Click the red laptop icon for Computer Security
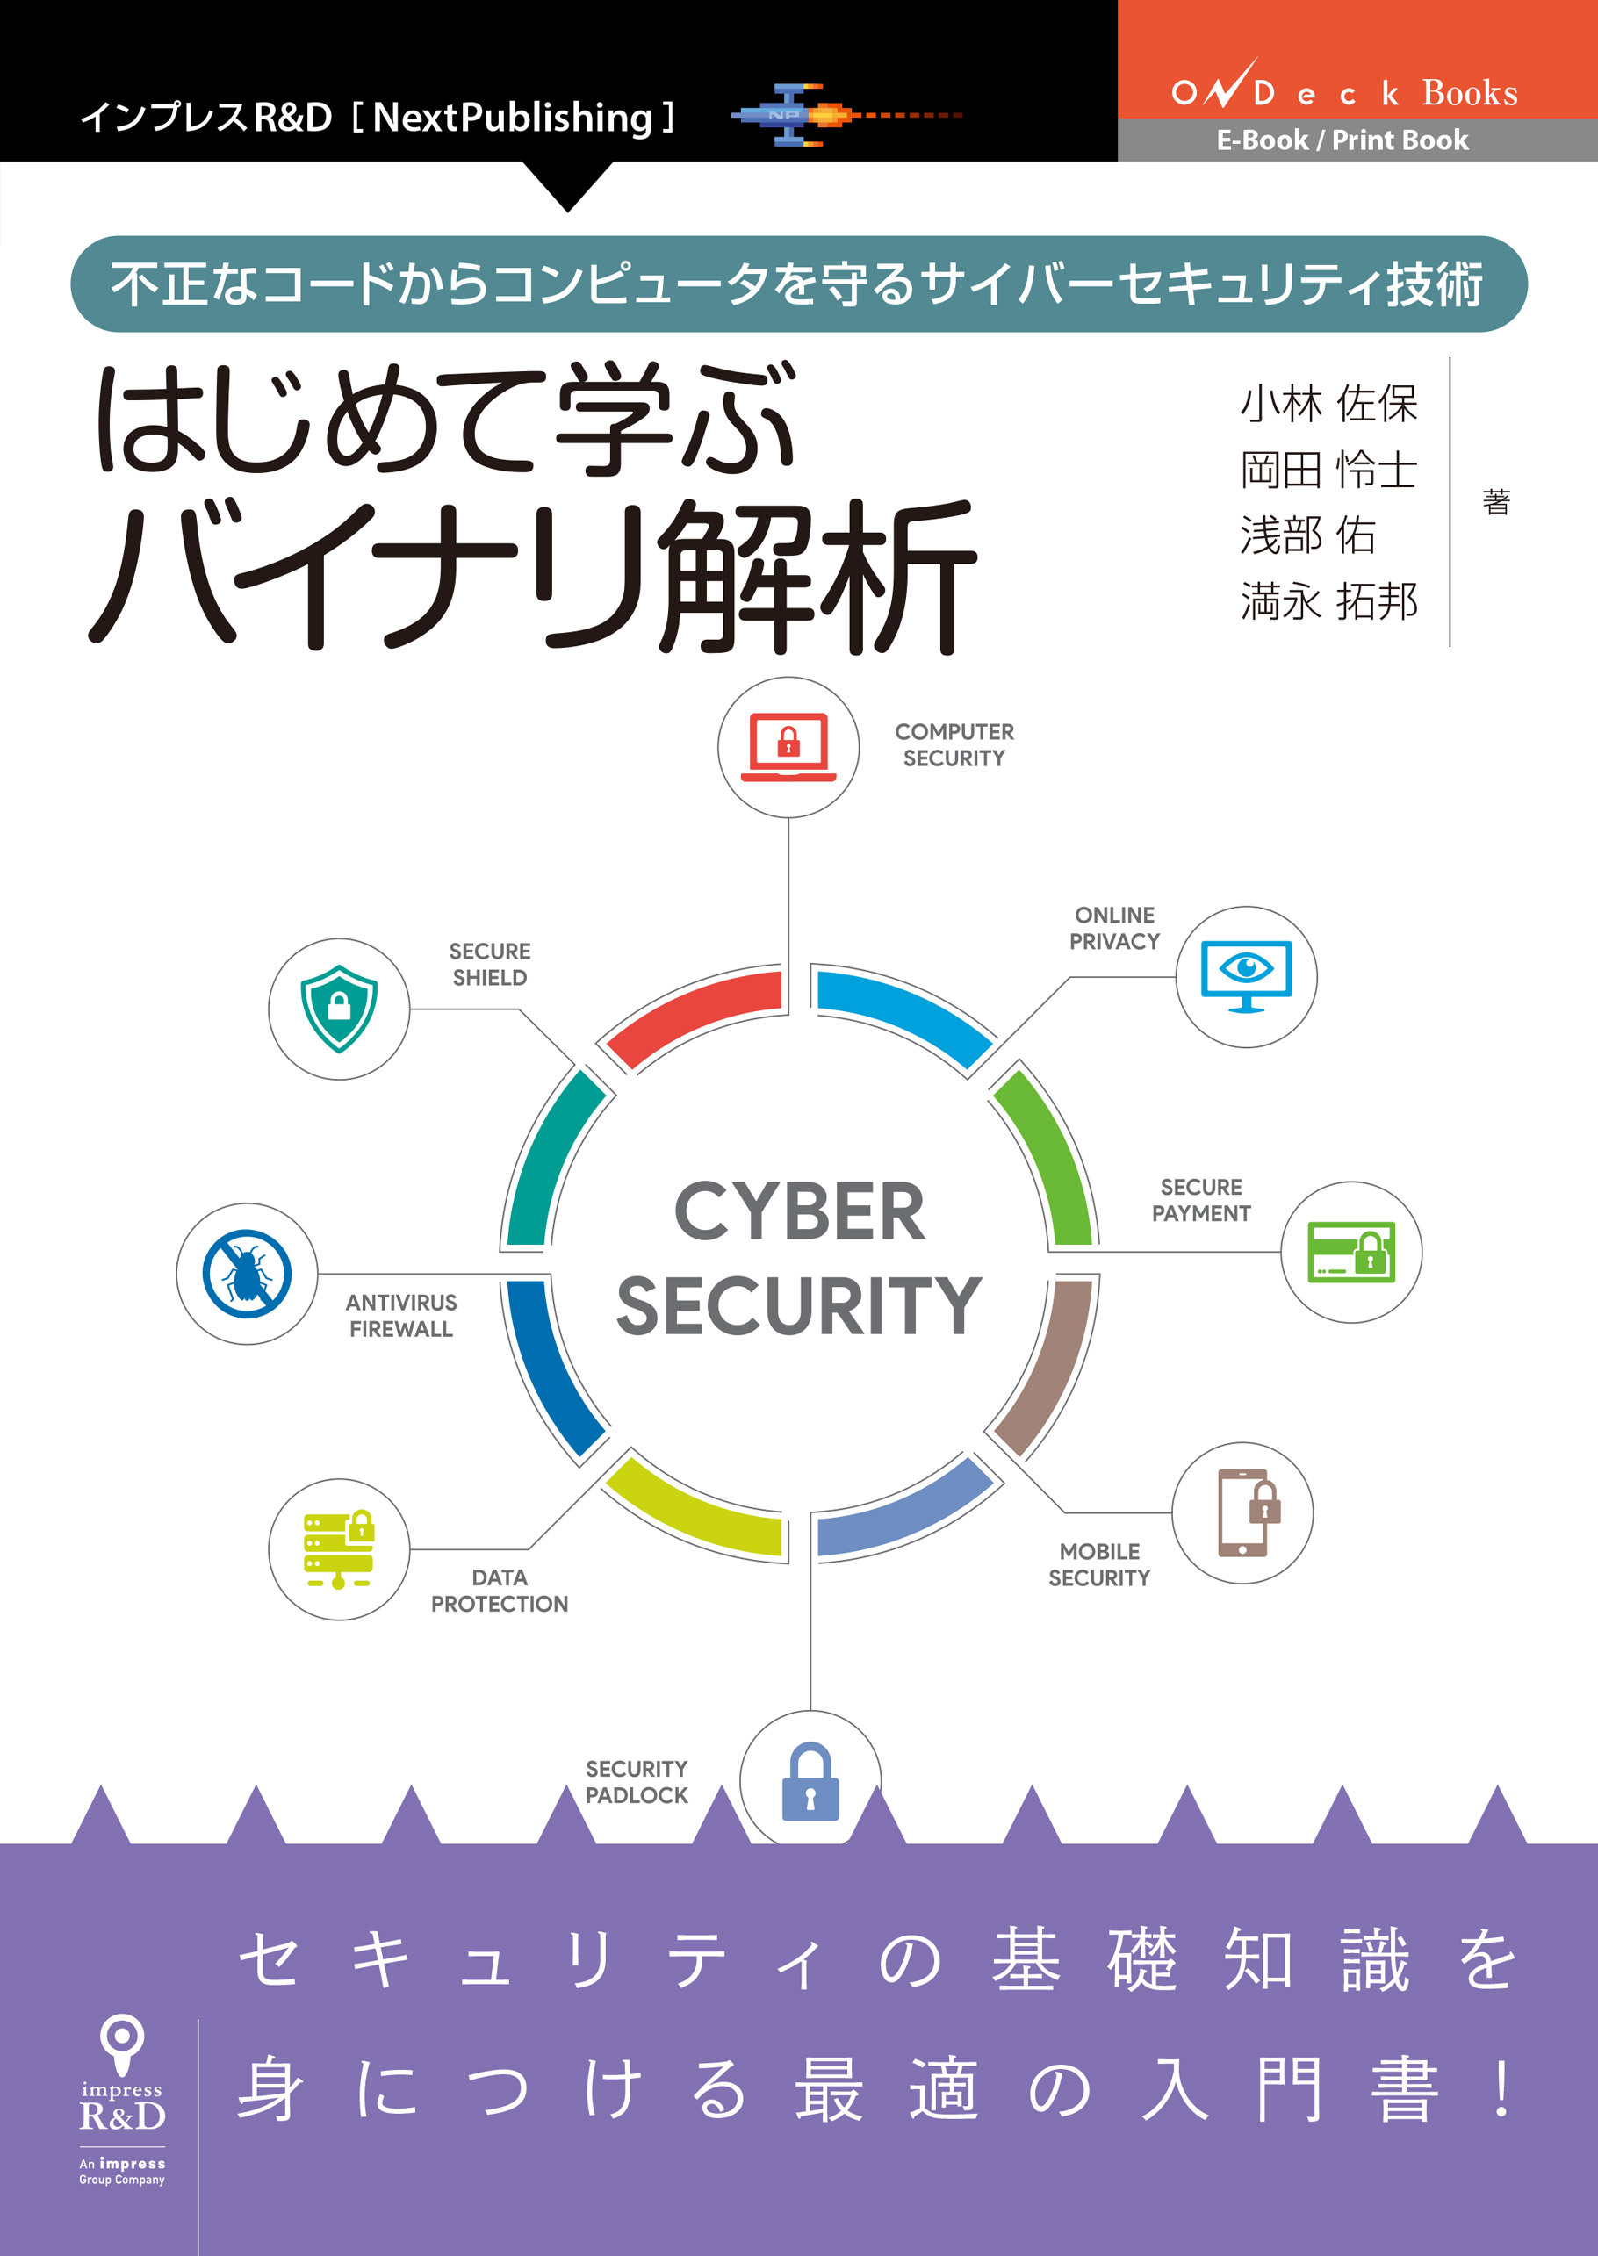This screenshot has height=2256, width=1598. [788, 748]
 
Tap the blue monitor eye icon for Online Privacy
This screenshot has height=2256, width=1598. [1246, 976]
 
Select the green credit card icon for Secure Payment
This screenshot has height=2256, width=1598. [1351, 1252]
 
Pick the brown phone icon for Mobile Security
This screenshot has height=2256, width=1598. [1242, 1513]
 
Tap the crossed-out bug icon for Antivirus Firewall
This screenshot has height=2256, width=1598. [247, 1273]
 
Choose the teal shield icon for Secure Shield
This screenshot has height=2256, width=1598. [339, 1009]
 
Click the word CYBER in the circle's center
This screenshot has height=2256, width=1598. [799, 1212]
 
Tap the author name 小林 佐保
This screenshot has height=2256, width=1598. [1328, 404]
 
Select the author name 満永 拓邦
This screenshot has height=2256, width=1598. [1328, 601]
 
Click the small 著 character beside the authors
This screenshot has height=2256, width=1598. [1495, 502]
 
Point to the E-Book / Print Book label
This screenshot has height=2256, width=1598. [1342, 140]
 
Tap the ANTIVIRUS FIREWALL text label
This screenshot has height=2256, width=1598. [400, 1316]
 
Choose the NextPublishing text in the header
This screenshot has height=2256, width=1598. [513, 118]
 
